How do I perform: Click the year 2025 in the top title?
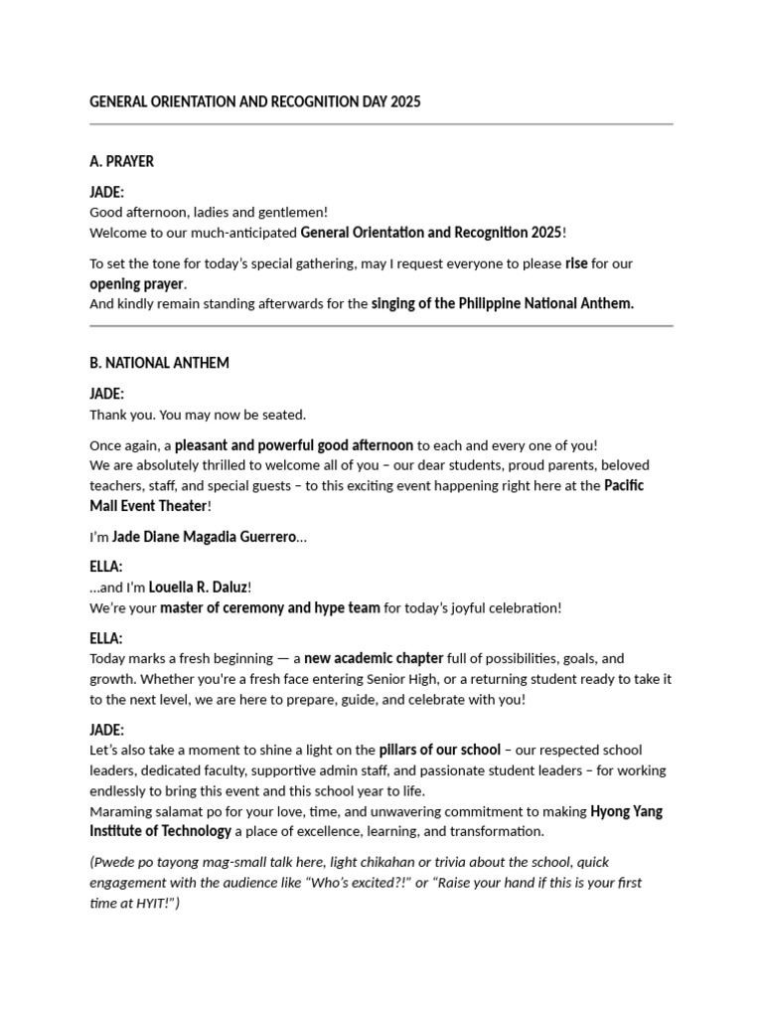click(406, 101)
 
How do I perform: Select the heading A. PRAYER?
click(121, 161)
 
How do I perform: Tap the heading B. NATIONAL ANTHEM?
click(159, 363)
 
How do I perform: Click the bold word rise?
click(576, 263)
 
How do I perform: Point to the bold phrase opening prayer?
click(137, 283)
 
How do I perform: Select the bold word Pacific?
click(625, 485)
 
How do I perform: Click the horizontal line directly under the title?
click(381, 124)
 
